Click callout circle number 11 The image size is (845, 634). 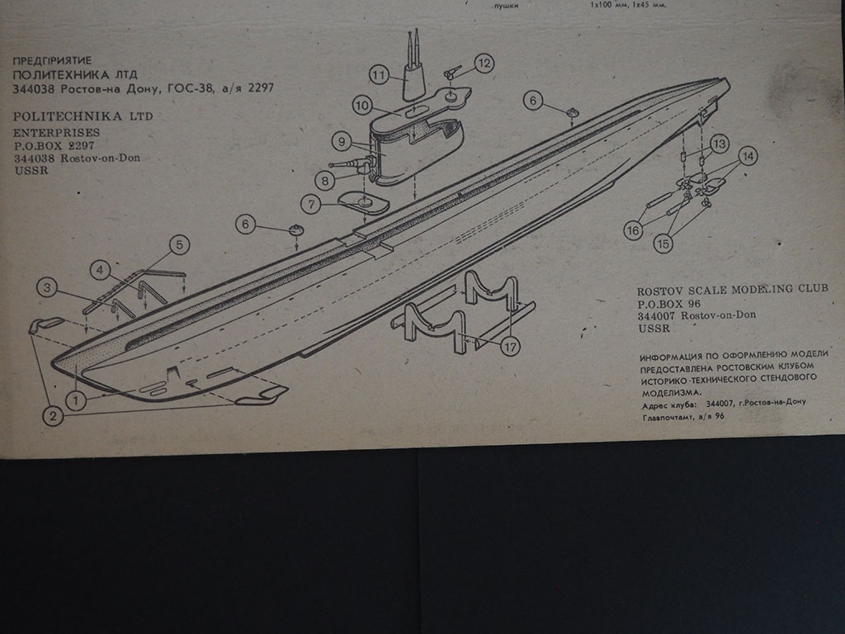click(x=380, y=75)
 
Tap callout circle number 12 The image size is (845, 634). click(x=484, y=63)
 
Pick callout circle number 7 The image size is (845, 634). click(x=311, y=203)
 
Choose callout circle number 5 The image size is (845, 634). click(x=179, y=244)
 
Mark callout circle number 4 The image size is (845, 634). click(x=100, y=269)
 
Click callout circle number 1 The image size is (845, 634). click(x=76, y=400)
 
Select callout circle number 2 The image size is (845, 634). click(x=54, y=417)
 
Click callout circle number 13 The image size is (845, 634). click(x=720, y=144)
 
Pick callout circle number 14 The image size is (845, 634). click(x=748, y=155)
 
